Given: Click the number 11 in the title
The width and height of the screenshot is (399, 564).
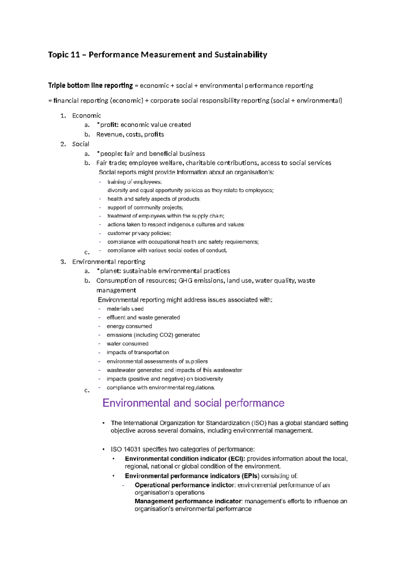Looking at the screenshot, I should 75,55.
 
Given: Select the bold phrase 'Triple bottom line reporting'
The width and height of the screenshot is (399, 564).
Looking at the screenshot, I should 90,85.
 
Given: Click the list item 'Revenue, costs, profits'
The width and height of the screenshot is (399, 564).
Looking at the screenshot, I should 130,134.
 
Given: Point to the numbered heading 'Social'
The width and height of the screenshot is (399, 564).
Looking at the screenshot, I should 80,144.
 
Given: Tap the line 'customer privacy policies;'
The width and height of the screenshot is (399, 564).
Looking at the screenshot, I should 139,233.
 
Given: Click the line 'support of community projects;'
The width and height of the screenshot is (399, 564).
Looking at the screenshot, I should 145,208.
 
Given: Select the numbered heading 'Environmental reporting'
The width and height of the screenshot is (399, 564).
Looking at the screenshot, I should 109,262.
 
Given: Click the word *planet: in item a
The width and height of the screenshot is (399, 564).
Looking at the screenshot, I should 108,271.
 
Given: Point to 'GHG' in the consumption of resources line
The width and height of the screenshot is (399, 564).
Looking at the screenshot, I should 185,281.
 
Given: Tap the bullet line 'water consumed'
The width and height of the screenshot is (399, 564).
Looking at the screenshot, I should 127,344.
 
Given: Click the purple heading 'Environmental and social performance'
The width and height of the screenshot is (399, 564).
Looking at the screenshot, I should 193,403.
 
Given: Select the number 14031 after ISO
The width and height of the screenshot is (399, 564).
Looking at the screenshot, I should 132,449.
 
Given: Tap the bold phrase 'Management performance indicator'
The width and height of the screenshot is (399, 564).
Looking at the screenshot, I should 188,501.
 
